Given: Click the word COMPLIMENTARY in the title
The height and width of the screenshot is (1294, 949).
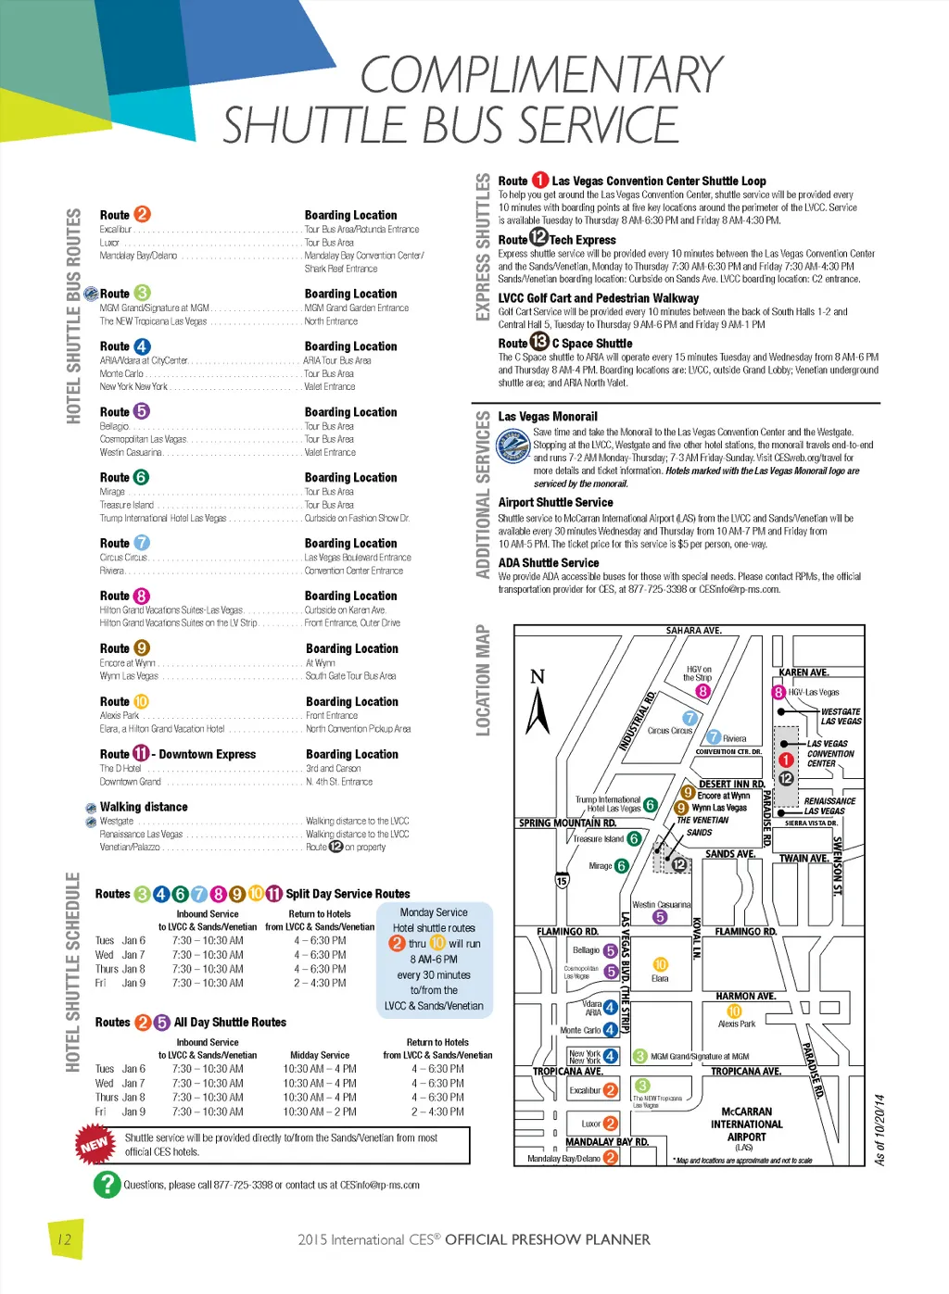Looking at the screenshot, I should (540, 75).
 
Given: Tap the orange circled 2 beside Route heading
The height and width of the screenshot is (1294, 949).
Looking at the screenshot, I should (142, 214).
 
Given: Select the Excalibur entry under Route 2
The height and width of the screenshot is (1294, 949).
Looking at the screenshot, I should (116, 230).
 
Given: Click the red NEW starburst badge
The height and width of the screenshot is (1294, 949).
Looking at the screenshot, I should (95, 1145).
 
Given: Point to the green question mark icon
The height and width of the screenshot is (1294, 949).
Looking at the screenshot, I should (108, 1184).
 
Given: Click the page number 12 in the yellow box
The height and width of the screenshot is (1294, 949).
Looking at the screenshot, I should (64, 1239).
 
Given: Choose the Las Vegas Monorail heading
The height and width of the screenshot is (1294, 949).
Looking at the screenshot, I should (548, 417).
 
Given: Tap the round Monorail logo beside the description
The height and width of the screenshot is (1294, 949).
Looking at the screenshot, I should (512, 447).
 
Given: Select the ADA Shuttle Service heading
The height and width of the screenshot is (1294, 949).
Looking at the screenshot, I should (549, 563).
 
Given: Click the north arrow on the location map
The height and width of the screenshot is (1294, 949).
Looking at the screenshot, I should (538, 704).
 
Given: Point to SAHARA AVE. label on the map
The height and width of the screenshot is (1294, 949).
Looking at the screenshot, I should (693, 631).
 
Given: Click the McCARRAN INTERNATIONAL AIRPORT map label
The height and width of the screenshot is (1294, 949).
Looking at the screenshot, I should (746, 1124).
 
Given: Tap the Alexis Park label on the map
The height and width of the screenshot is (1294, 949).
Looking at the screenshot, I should (737, 1024).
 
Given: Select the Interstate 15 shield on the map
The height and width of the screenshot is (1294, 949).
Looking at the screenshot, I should (562, 881).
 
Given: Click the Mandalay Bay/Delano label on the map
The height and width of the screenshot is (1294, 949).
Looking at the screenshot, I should (563, 1158).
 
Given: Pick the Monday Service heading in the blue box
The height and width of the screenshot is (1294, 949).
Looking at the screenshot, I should (434, 912).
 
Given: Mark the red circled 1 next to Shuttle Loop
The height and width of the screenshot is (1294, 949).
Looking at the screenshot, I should (539, 181).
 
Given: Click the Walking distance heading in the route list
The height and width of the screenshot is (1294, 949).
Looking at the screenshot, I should (144, 808).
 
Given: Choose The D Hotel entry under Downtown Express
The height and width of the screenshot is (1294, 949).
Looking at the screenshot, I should (120, 769).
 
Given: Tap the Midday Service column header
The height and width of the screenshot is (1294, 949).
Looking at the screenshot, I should (320, 1055).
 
